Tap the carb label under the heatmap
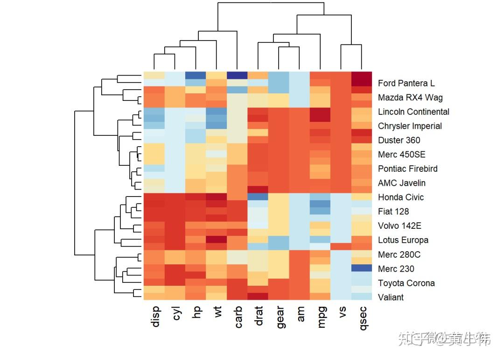coord(238,318)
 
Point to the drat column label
coord(259,317)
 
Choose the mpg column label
coord(322,317)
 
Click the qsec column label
coord(363,318)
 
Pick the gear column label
coord(280,318)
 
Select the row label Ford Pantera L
coord(406,83)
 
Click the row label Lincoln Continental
coord(413,112)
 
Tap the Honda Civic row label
coord(400,197)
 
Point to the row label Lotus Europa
coord(403,240)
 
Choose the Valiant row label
coord(391,297)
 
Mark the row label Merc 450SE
coord(401,155)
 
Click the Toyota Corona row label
coord(406,283)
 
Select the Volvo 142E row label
coord(399,226)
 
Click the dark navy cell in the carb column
coord(237,75)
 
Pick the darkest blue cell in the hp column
coord(195,75)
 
